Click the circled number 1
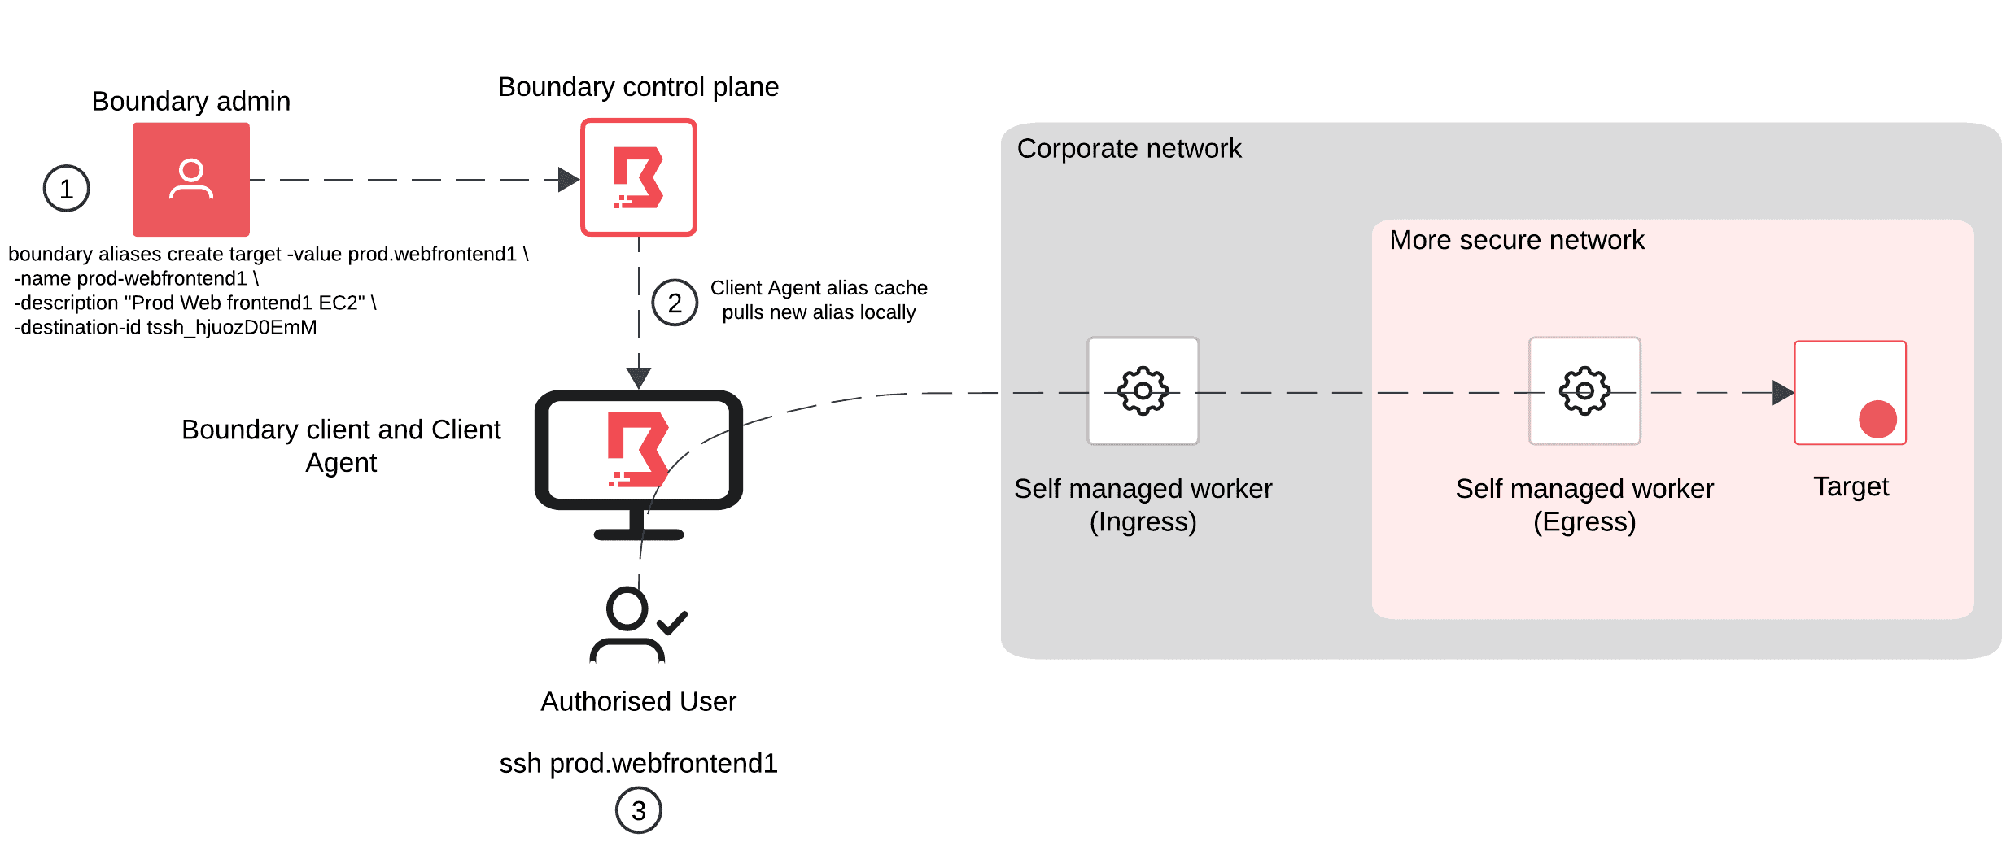pyautogui.click(x=66, y=189)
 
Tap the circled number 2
pyautogui.click(x=675, y=303)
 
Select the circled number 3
pyautogui.click(x=638, y=810)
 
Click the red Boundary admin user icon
pyautogui.click(x=191, y=180)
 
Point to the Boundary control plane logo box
pyautogui.click(x=638, y=177)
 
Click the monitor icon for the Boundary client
pyautogui.click(x=638, y=456)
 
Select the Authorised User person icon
pyautogui.click(x=627, y=625)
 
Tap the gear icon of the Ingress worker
pyautogui.click(x=1143, y=391)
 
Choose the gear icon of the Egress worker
pyautogui.click(x=1584, y=391)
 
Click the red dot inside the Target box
pyautogui.click(x=1877, y=419)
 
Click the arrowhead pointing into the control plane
pyautogui.click(x=568, y=180)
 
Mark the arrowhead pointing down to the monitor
pyautogui.click(x=639, y=377)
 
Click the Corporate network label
pyautogui.click(x=1129, y=149)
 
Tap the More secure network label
pyautogui.click(x=1516, y=240)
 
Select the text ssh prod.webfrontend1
pyautogui.click(x=638, y=763)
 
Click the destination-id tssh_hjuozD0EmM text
pyautogui.click(x=165, y=327)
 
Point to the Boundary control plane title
pyautogui.click(x=638, y=87)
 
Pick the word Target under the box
pyautogui.click(x=1851, y=486)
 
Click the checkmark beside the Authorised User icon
pyautogui.click(x=672, y=623)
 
